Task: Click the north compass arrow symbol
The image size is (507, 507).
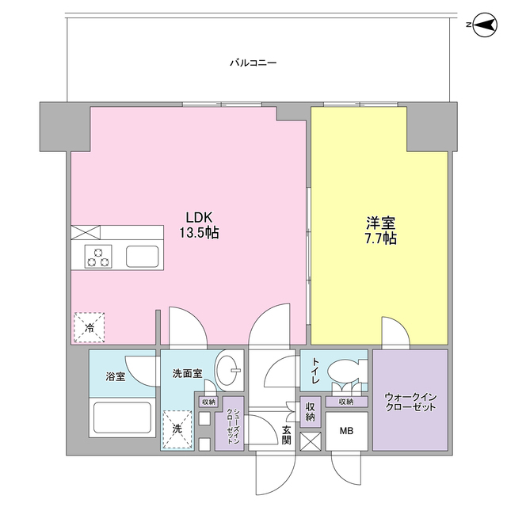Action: coord(484,25)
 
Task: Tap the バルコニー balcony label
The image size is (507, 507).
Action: coord(253,63)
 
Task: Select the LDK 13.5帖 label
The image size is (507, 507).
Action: coord(199,225)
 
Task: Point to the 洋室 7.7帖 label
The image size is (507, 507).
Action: coord(380,231)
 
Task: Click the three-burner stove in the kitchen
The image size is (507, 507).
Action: coord(98,257)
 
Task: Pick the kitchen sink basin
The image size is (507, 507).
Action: coord(143,257)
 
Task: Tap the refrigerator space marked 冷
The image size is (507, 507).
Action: coord(90,327)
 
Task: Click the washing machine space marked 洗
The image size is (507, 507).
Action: coord(177,429)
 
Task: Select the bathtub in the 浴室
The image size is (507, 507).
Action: coord(122,417)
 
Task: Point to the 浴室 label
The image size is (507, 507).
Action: coord(116,376)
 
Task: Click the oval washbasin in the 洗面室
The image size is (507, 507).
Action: coord(228,370)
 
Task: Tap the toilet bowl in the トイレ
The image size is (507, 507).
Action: coord(343,371)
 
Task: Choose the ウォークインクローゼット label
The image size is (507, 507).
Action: coord(410,402)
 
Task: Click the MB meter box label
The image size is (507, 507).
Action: coord(346,431)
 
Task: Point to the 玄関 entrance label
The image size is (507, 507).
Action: coord(287,435)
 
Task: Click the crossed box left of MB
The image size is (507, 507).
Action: coord(311,441)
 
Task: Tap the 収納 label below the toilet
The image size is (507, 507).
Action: coord(346,402)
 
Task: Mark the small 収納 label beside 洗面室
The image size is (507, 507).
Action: coord(208,402)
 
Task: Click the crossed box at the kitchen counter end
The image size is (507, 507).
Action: coord(86,232)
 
